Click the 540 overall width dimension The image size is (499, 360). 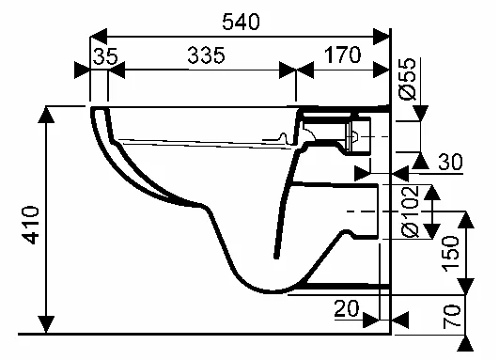pos(240,20)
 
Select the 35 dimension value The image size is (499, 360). pos(105,56)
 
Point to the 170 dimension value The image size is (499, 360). pos(342,55)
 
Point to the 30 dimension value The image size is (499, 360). pos(451,163)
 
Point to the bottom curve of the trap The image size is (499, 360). pos(263,288)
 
